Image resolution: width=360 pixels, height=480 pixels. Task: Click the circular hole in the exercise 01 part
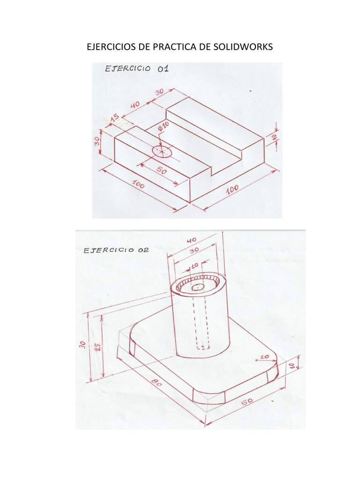[x=162, y=151]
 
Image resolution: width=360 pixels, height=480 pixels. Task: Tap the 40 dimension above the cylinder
[x=192, y=241]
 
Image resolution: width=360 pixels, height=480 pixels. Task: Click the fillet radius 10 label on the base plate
[x=263, y=357]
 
